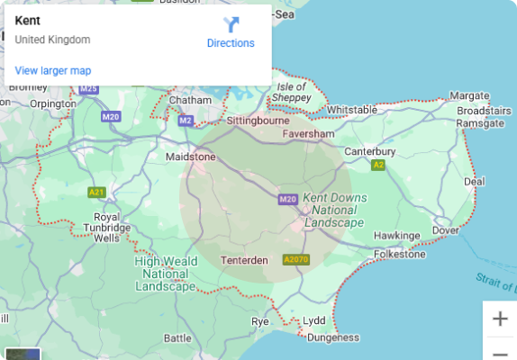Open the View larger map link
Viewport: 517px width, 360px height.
(52, 70)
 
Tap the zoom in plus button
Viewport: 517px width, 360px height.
(500, 319)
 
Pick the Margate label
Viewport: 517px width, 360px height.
(468, 95)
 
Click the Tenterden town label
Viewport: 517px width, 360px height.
(244, 260)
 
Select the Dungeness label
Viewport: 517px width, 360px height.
(332, 338)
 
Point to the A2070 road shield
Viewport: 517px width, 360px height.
(295, 260)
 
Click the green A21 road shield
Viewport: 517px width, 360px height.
(96, 192)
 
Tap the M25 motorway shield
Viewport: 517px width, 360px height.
(88, 88)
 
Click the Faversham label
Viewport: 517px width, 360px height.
(308, 133)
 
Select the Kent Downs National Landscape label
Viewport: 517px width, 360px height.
(334, 209)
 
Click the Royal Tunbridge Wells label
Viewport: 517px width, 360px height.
(106, 228)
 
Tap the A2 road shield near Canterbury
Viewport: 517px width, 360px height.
(378, 166)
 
